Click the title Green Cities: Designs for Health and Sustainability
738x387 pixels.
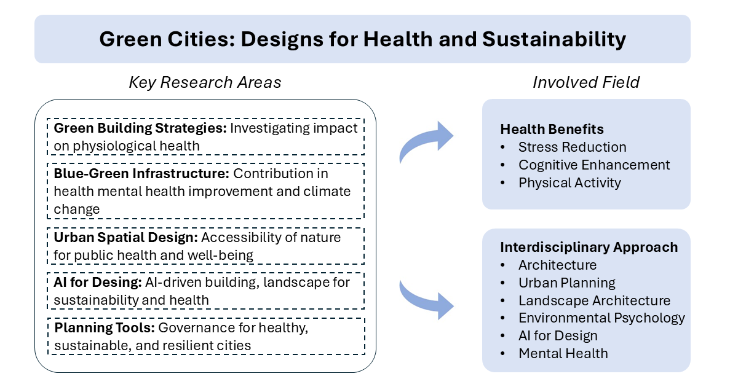[362, 39]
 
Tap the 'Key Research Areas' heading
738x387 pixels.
[205, 83]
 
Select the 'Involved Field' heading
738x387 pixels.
[586, 82]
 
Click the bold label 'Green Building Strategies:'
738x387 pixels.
[141, 128]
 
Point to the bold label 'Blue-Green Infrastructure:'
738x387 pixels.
[141, 173]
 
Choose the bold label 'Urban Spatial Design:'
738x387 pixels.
[125, 237]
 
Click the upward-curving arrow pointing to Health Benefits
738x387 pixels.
[426, 141]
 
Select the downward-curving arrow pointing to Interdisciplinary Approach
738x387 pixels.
[426, 299]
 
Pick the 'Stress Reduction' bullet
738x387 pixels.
[572, 147]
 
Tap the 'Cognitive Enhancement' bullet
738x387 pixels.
[594, 165]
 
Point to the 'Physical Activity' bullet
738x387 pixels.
[569, 183]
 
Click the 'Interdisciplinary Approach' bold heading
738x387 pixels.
[589, 247]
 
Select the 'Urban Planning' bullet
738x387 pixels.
[566, 283]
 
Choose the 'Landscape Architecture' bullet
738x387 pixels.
[594, 300]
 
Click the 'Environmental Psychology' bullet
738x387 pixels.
[601, 318]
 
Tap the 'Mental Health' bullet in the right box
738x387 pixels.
[563, 354]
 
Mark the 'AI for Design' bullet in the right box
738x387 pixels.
[558, 336]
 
